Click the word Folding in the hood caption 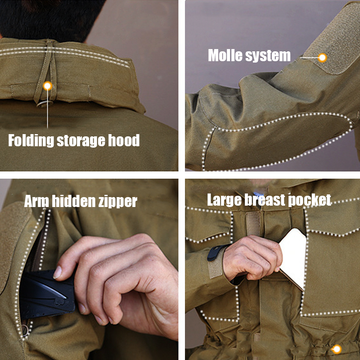(x=31, y=141)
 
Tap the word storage (x=80, y=141)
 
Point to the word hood (x=123, y=140)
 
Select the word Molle (x=225, y=55)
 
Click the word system (x=268, y=56)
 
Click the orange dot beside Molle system (x=322, y=58)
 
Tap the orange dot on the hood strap (x=48, y=86)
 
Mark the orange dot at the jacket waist (x=336, y=349)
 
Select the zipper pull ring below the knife (x=26, y=330)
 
